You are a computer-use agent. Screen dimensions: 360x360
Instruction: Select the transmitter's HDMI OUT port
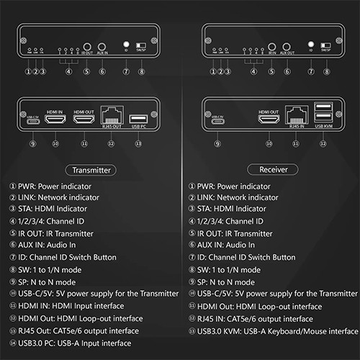(84, 120)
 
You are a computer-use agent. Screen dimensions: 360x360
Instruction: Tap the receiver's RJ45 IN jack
(294, 116)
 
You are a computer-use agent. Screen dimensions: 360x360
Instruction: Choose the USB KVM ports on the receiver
(323, 116)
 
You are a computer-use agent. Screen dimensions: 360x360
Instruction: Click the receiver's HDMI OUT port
(269, 120)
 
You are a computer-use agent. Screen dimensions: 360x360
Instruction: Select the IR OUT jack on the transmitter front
(86, 45)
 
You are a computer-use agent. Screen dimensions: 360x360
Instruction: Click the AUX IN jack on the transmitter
(102, 45)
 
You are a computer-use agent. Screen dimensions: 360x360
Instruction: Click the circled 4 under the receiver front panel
(253, 71)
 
